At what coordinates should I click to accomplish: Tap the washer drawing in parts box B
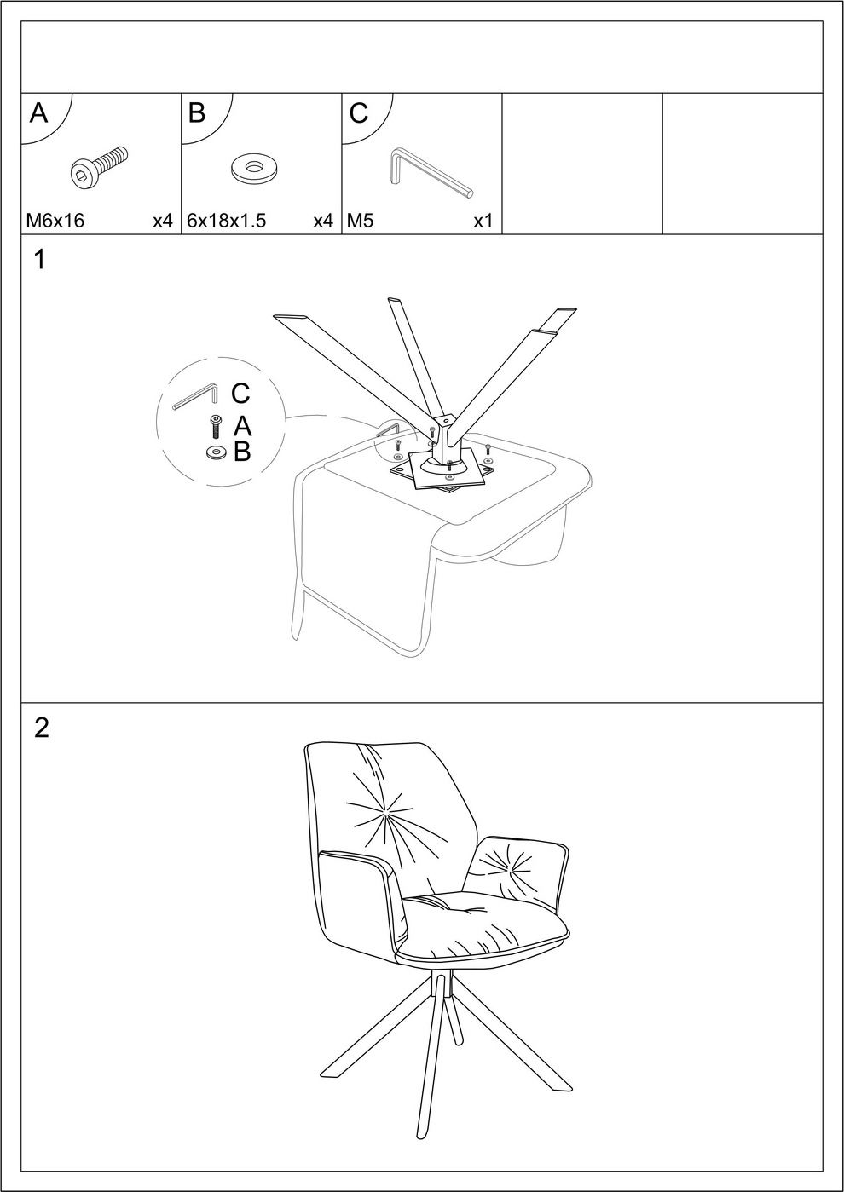(257, 169)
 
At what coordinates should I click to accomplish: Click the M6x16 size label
(55, 221)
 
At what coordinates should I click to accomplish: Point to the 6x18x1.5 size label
(226, 221)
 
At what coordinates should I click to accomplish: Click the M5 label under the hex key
(360, 221)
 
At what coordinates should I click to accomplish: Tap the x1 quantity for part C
(483, 221)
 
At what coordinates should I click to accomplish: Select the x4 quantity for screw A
(163, 221)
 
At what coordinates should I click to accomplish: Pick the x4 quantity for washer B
(323, 221)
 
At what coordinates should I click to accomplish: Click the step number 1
(39, 260)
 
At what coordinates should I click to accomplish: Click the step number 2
(41, 728)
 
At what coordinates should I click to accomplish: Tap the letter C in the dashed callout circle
(240, 394)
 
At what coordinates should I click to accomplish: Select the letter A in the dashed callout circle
(242, 426)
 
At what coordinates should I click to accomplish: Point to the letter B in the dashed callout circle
(242, 452)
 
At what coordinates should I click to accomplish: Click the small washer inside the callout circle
(215, 452)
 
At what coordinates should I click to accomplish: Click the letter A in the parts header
(39, 112)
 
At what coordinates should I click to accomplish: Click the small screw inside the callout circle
(216, 427)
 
